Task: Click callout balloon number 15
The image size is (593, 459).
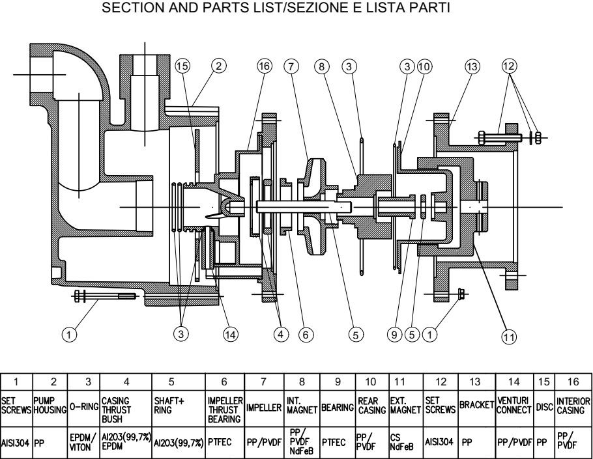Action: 182,66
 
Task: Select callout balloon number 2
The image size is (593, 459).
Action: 218,66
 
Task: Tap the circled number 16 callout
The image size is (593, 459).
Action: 265,66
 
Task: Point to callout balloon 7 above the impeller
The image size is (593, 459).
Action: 291,66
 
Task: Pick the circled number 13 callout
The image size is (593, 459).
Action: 472,67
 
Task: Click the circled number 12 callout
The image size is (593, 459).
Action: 509,66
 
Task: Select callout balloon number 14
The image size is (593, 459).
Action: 231,335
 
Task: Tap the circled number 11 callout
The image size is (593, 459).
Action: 509,337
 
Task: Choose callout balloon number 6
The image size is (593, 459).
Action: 306,335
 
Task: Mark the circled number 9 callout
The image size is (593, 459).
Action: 394,335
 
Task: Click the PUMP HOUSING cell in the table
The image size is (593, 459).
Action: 50,408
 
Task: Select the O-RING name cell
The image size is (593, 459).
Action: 83,408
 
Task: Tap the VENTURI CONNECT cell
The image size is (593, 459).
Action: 514,408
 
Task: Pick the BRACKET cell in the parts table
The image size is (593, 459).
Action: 476,408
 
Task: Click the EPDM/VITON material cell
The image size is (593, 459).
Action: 83,443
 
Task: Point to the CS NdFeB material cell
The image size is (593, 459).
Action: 406,443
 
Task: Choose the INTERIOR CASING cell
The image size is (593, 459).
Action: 573,408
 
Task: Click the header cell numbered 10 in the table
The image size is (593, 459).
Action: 372,382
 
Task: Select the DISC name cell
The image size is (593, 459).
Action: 544,408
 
